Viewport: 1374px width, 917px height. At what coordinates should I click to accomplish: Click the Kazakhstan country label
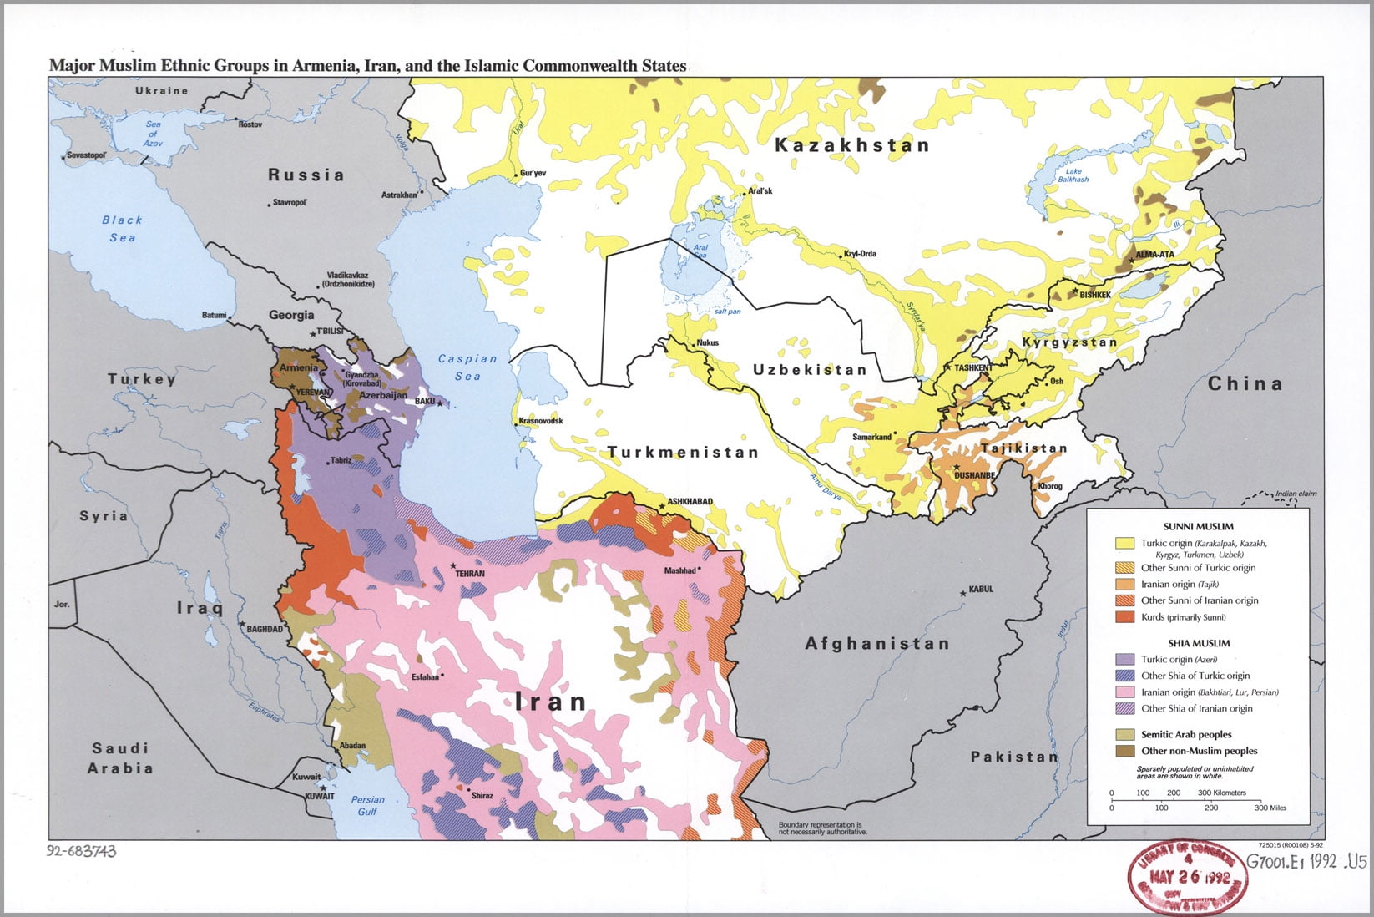(x=851, y=145)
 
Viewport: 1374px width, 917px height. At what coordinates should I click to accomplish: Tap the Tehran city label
(x=469, y=574)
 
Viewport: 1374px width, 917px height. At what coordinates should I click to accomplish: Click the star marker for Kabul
(x=963, y=592)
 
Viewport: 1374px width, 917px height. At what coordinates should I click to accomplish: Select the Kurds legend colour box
(x=1125, y=617)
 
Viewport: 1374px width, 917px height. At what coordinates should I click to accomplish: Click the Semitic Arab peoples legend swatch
(x=1125, y=734)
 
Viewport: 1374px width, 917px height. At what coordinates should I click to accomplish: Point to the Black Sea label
(x=122, y=229)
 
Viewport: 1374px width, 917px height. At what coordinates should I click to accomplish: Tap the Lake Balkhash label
(x=1073, y=175)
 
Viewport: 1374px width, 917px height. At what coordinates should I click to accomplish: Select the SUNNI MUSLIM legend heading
(x=1198, y=527)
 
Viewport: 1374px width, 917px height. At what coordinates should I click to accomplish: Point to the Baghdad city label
(x=265, y=629)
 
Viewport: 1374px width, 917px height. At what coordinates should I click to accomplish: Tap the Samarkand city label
(x=871, y=437)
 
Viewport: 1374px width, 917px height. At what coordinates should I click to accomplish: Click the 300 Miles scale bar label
(x=1270, y=808)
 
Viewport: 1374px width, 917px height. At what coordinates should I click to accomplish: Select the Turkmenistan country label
(x=683, y=453)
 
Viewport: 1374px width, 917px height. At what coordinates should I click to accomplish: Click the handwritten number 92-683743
(x=82, y=852)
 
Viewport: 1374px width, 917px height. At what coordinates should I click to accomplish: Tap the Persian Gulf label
(x=367, y=805)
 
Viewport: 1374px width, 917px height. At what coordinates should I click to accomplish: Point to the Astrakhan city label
(x=399, y=195)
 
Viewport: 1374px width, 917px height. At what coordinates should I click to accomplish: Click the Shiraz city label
(x=482, y=796)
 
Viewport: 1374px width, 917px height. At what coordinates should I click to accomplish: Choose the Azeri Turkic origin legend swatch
(x=1125, y=660)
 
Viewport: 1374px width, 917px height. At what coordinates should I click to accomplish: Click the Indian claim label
(x=1296, y=494)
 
